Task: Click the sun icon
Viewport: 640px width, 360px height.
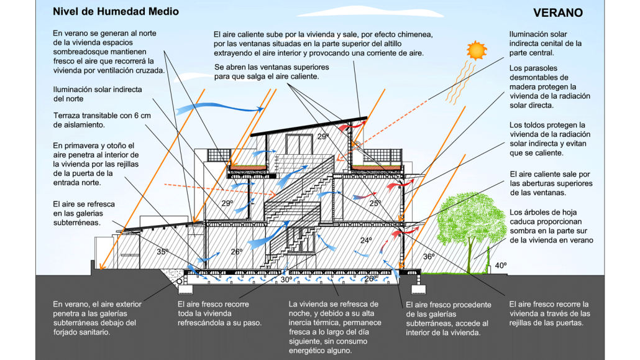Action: click(x=477, y=50)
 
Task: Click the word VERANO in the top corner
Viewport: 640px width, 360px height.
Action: click(x=557, y=12)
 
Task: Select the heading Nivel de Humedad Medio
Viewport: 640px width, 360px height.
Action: click(x=116, y=11)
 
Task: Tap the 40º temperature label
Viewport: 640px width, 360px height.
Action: click(x=501, y=265)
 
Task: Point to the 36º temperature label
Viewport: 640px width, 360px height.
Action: click(x=429, y=257)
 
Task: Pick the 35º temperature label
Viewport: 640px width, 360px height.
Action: click(x=162, y=252)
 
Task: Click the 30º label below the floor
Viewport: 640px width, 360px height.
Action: click(x=286, y=280)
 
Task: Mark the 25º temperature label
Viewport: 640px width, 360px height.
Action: click(x=375, y=203)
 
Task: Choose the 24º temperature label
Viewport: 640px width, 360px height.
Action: click(x=366, y=240)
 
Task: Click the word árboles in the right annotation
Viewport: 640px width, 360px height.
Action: click(x=535, y=213)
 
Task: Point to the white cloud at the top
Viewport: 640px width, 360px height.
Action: click(x=369, y=12)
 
